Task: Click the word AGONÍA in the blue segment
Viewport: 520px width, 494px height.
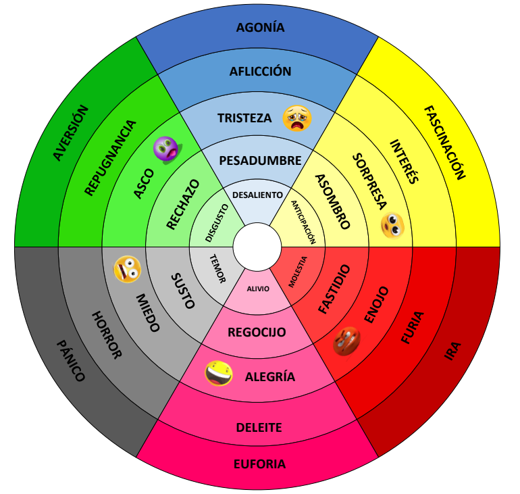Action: pos(260,28)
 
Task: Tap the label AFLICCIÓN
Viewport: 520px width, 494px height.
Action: pos(260,72)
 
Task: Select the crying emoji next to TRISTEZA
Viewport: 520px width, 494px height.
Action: pos(297,119)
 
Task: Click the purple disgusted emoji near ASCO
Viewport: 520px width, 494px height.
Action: pos(165,149)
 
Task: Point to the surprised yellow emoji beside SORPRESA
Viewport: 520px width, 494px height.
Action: pos(392,225)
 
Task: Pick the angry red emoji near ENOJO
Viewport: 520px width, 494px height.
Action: pos(346,341)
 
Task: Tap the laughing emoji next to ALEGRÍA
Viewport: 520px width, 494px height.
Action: pos(219,373)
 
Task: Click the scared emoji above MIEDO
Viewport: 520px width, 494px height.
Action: pos(126,269)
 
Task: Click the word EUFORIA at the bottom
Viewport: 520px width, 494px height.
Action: pos(259,464)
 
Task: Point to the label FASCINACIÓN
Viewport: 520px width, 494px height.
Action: pos(445,143)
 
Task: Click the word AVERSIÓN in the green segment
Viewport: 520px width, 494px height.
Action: pos(70,132)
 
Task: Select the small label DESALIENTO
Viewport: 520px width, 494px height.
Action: pos(257,195)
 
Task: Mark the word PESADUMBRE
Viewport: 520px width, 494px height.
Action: pos(260,161)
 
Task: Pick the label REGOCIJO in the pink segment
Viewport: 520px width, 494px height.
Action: pos(257,332)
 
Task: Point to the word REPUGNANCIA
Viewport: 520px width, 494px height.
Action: pos(110,157)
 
